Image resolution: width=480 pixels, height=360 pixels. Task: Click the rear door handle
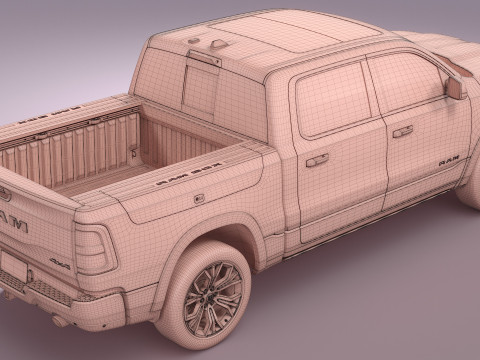[x=316, y=159]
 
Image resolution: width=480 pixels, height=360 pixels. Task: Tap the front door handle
[x=402, y=131]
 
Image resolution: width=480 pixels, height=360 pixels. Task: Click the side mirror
[x=456, y=86]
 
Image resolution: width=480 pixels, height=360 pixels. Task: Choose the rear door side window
[x=332, y=100]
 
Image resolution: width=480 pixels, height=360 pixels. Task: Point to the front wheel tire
[x=470, y=185]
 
